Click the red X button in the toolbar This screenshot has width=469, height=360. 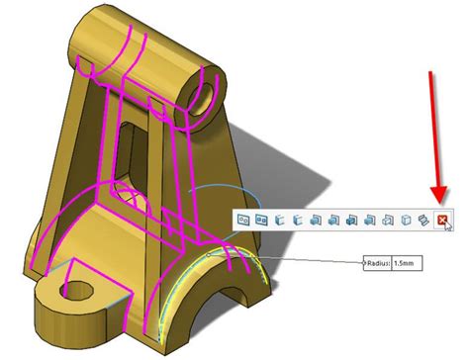pyautogui.click(x=442, y=221)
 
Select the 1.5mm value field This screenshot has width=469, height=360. pyautogui.click(x=406, y=264)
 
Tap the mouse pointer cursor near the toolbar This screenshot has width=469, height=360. pyautogui.click(x=450, y=228)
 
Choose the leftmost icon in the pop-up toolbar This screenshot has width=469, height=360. pyautogui.click(x=243, y=220)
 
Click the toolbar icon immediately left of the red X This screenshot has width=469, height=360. pyautogui.click(x=422, y=221)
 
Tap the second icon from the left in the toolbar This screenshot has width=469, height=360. pyautogui.click(x=262, y=220)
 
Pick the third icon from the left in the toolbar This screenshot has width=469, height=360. pyautogui.click(x=281, y=220)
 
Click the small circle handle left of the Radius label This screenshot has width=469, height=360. pyautogui.click(x=362, y=264)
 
